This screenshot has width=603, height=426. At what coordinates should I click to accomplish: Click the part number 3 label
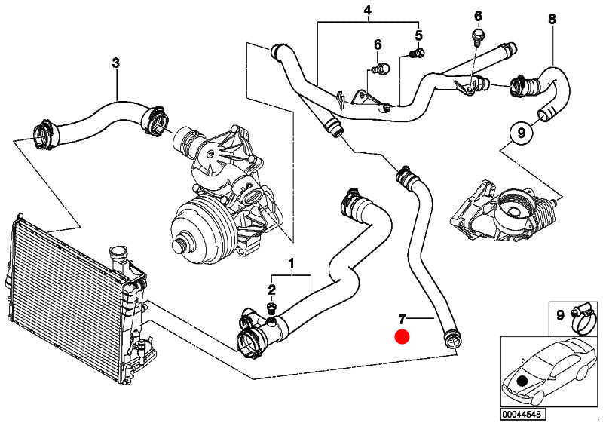116,63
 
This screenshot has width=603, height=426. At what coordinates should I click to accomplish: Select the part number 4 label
367,10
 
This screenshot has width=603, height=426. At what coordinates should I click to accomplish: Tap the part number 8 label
552,19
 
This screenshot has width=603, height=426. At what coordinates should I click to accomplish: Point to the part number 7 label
402,320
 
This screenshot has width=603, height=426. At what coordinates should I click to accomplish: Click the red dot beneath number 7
402,337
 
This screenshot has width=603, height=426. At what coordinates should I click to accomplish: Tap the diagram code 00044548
522,415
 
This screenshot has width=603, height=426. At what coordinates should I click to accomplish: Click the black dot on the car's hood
522,380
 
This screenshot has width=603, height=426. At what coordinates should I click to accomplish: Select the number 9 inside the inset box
560,315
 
